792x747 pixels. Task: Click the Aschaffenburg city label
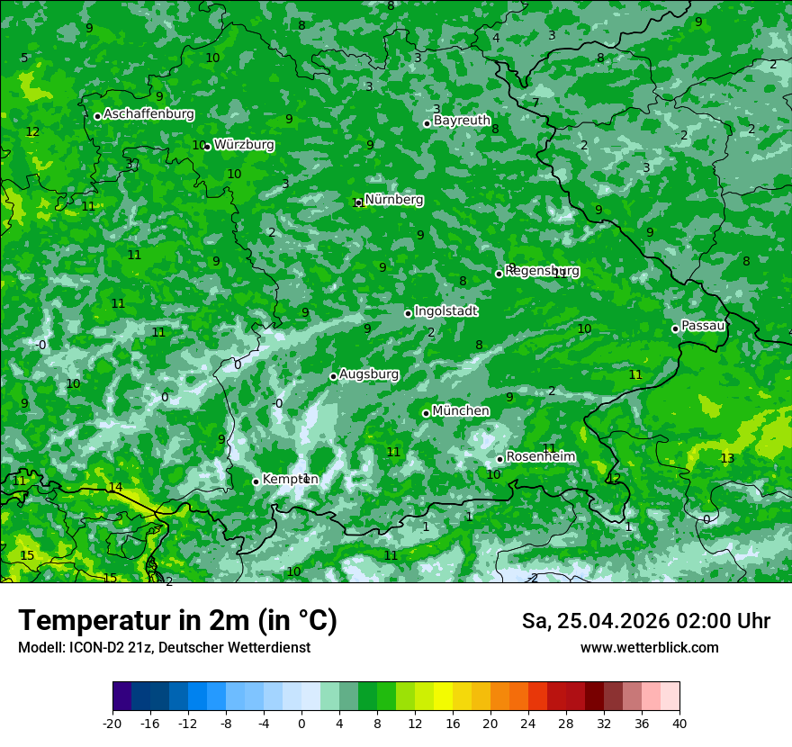tap(148, 114)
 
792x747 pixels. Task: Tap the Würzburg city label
tap(244, 145)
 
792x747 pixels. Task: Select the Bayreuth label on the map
tap(462, 121)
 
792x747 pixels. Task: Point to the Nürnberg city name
tap(393, 200)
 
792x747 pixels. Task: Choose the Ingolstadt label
tap(445, 311)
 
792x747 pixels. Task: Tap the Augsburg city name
tap(369, 373)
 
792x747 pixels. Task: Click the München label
tap(461, 411)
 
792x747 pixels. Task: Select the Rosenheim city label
tap(540, 457)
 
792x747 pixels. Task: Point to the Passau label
tap(703, 326)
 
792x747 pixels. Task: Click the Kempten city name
tap(290, 480)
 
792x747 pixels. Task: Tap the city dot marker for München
tap(427, 413)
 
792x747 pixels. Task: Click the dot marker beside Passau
tap(675, 328)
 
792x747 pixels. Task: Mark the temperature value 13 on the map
tap(727, 459)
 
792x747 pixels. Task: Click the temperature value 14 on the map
tap(115, 488)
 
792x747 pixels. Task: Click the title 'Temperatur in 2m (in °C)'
tap(177, 621)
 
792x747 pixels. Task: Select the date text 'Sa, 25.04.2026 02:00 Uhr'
tap(645, 621)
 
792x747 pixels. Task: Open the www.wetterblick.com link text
tap(649, 648)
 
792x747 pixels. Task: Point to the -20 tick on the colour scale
tap(112, 724)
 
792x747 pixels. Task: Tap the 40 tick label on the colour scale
tap(679, 724)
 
